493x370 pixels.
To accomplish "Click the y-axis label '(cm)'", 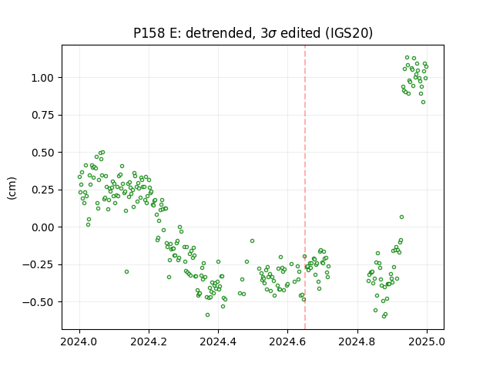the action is click(x=12, y=188).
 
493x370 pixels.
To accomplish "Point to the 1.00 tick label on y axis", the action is click(x=42, y=78).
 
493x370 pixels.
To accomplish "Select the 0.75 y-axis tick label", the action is click(x=42, y=115).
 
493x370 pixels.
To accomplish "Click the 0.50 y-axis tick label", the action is click(x=42, y=153).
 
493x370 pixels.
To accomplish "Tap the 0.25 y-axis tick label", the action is click(x=42, y=190).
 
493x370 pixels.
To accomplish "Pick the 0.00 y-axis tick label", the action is click(x=42, y=227).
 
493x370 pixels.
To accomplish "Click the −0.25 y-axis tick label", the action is click(x=38, y=264).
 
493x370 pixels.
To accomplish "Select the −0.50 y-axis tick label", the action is click(x=38, y=302).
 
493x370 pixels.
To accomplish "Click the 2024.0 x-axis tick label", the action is click(x=79, y=341).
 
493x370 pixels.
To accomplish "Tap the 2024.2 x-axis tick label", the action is click(x=149, y=341).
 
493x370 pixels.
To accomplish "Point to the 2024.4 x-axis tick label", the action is click(x=218, y=341).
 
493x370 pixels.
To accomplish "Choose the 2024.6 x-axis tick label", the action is click(x=287, y=341).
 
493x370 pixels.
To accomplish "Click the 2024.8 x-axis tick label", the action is click(x=357, y=341).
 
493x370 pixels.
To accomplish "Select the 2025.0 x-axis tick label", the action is click(x=427, y=341).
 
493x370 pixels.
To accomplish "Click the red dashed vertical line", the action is click(x=305, y=187).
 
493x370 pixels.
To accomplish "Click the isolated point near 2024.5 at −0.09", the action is click(x=252, y=241).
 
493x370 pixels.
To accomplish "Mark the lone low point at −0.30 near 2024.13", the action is click(x=126, y=272).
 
